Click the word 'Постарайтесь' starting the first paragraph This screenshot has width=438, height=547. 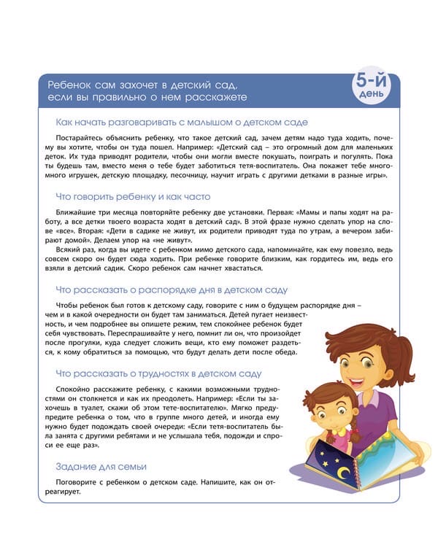[80, 138]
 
